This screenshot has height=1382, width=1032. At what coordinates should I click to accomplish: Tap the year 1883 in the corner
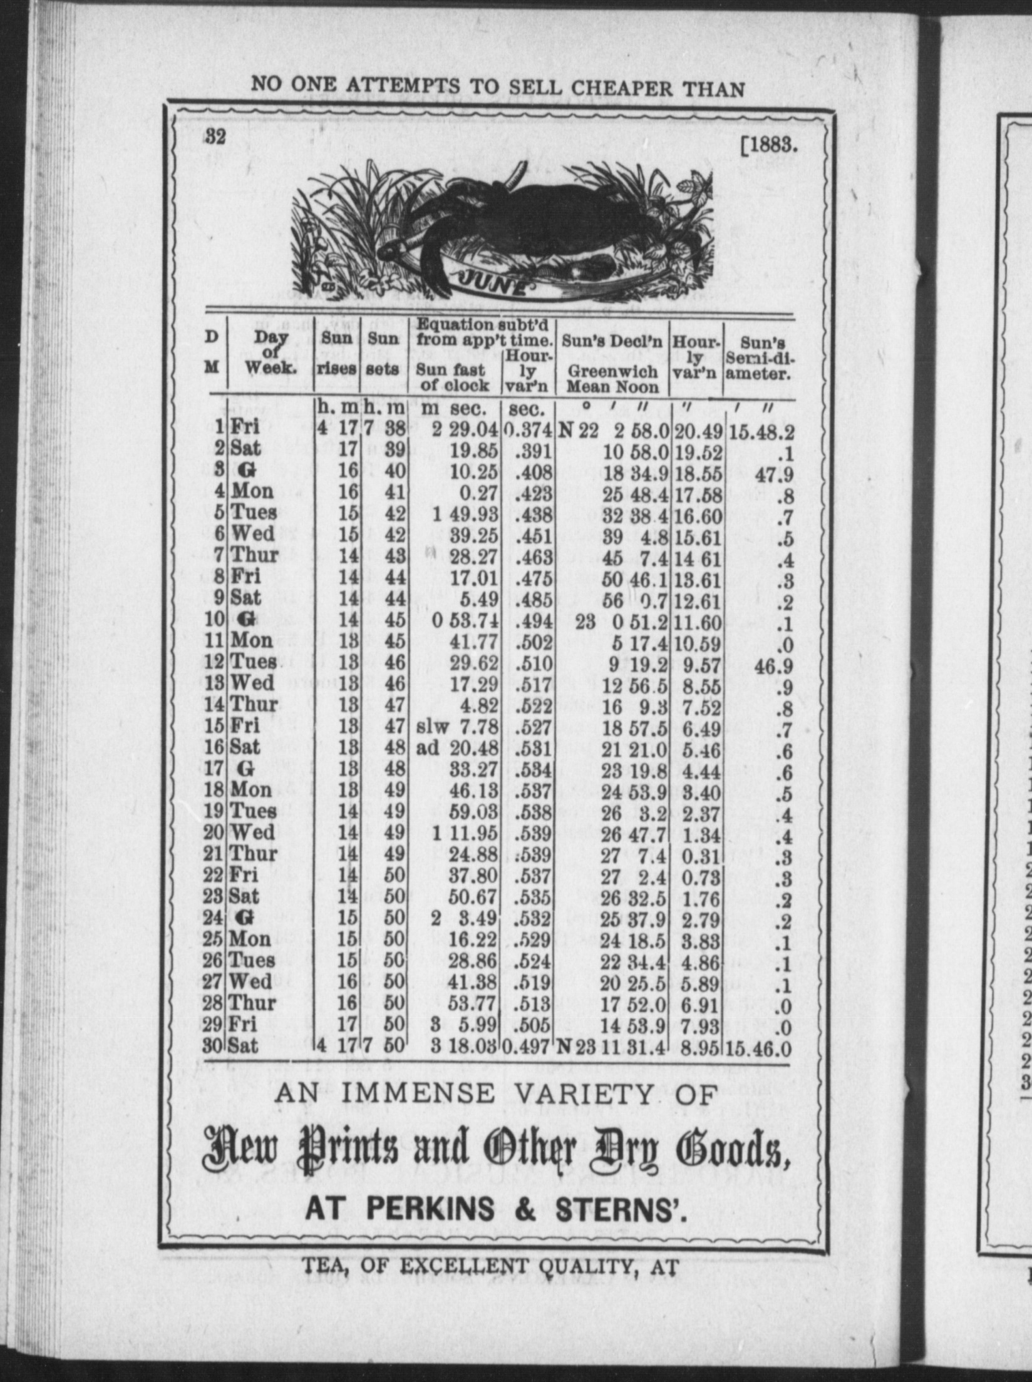[769, 145]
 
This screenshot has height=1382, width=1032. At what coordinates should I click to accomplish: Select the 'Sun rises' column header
[336, 354]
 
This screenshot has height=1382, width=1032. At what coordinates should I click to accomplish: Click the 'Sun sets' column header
[383, 354]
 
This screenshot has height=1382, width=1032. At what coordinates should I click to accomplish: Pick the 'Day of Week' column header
[271, 354]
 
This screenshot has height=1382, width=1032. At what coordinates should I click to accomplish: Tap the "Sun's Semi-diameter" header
[759, 359]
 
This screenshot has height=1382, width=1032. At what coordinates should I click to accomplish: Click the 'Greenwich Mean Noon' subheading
[612, 379]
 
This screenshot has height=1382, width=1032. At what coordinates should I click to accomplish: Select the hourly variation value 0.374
[528, 431]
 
